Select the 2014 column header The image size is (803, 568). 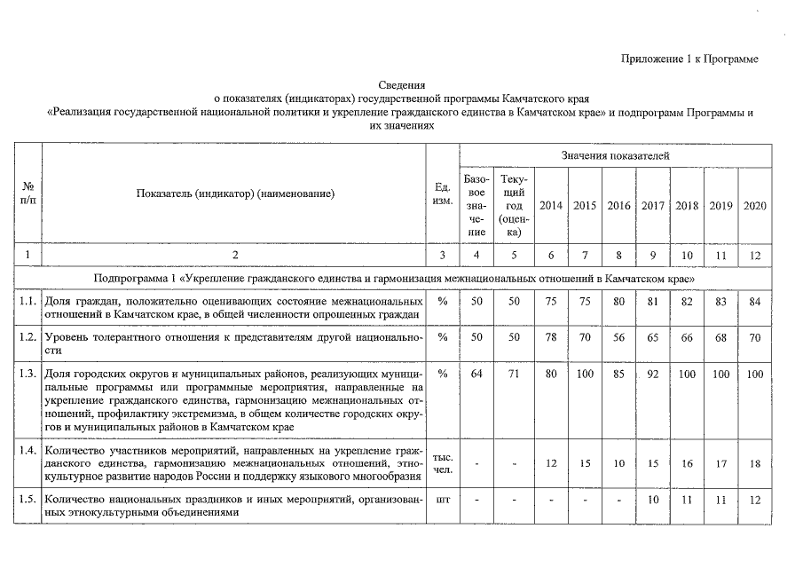tap(550, 206)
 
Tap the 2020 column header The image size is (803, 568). tap(755, 206)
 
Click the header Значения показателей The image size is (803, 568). tap(615, 155)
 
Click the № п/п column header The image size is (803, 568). tap(28, 193)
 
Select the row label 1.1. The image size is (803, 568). tap(28, 302)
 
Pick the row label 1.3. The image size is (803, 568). tap(28, 374)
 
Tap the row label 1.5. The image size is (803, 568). tap(28, 499)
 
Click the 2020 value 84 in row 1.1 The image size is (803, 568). tap(755, 302)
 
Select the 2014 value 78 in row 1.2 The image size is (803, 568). tap(550, 338)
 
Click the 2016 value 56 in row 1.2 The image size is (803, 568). tap(618, 338)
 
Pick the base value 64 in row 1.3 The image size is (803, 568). tap(476, 374)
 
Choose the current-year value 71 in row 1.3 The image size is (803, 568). tap(512, 374)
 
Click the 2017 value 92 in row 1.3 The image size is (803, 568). tap(653, 375)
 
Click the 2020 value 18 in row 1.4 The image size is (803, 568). tap(755, 463)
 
